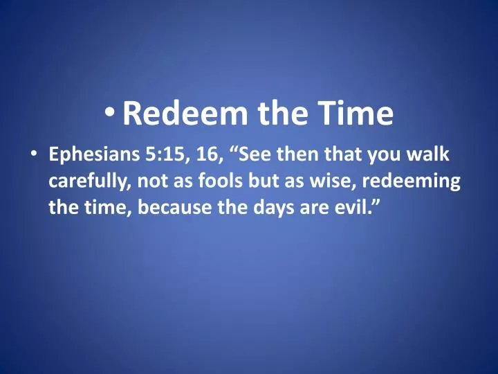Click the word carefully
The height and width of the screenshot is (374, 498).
click(x=91, y=181)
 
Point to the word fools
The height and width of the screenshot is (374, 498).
click(x=207, y=181)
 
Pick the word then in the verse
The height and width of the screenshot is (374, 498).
click(x=301, y=157)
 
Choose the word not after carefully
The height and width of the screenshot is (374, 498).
click(x=152, y=181)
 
